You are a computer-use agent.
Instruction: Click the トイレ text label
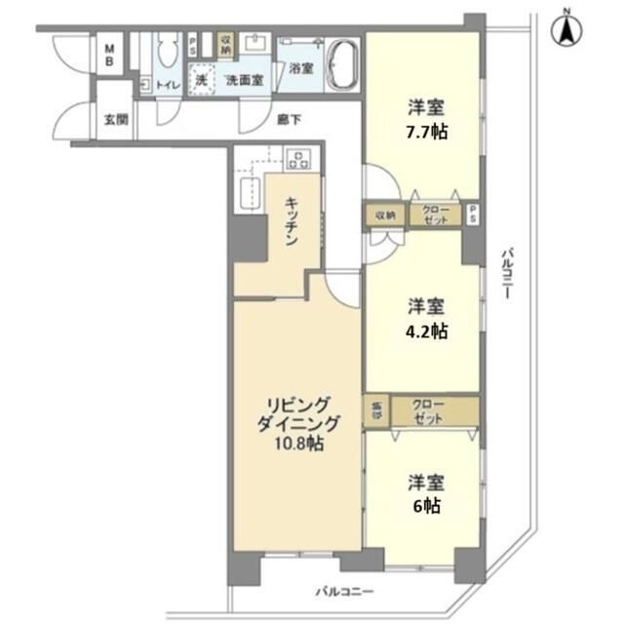click(x=169, y=85)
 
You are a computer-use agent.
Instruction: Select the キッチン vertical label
click(x=292, y=221)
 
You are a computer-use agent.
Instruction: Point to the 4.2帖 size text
click(x=426, y=330)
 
